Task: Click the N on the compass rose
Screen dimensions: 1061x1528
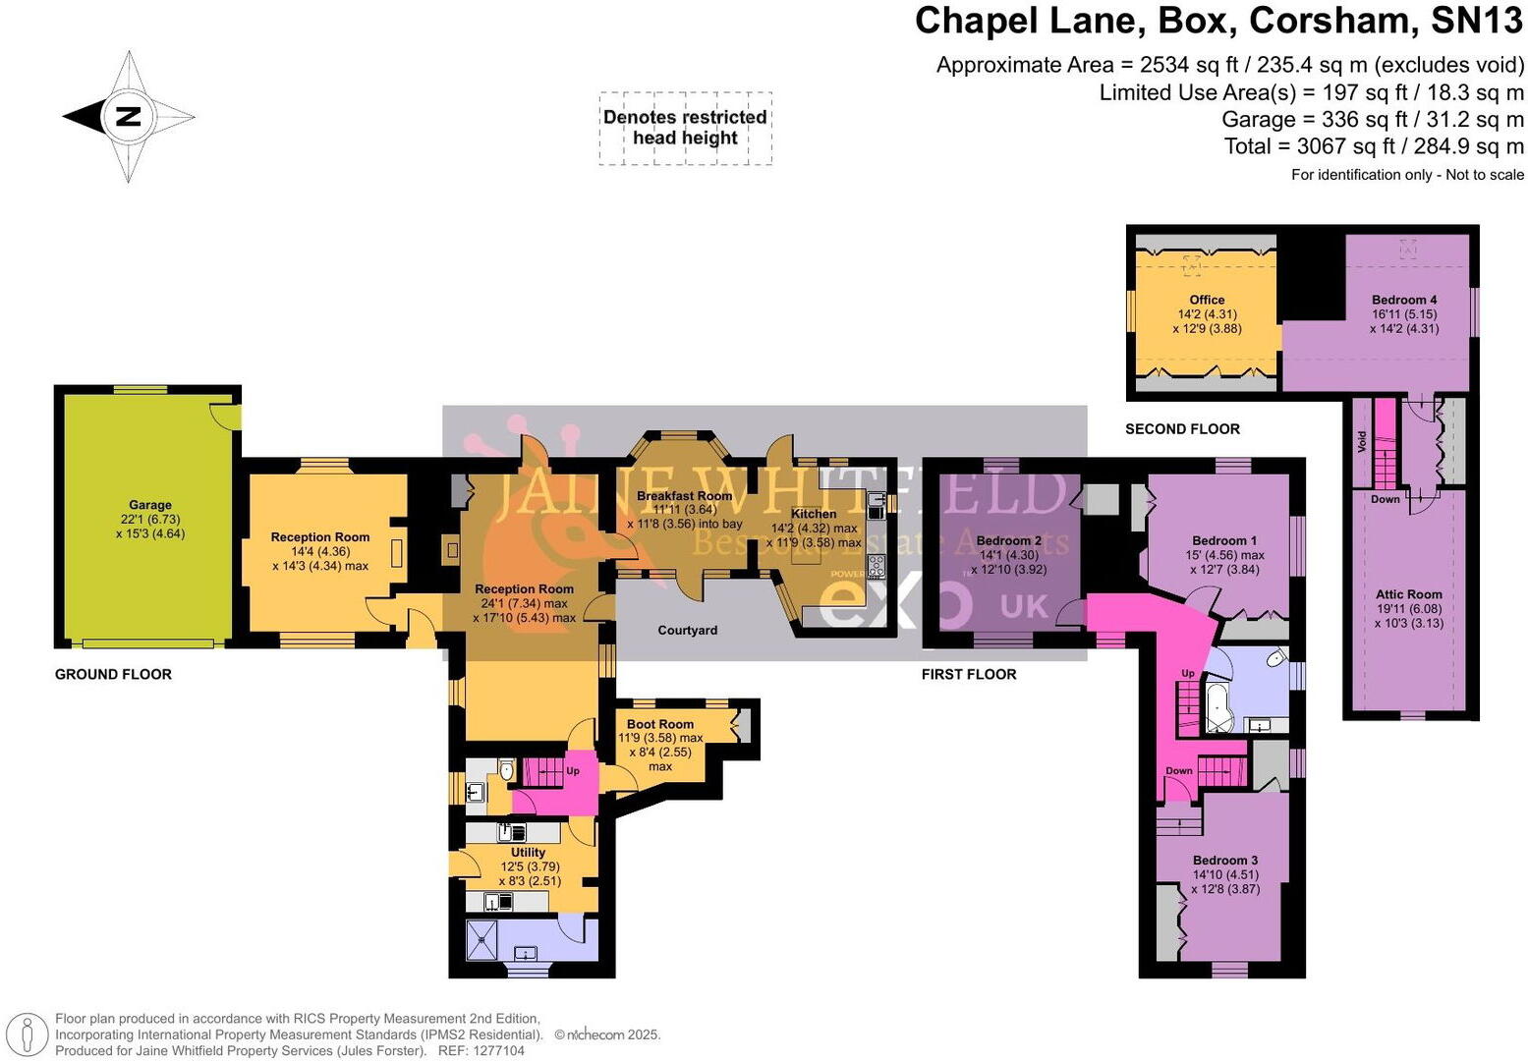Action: [129, 117]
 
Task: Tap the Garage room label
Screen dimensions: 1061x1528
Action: [150, 505]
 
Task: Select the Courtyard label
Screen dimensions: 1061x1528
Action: [687, 630]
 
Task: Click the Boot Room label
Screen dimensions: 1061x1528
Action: [659, 724]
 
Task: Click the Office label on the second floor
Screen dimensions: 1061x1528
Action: [1207, 300]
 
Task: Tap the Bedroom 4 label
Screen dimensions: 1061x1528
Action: [1404, 300]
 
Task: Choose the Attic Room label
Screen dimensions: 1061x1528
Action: [1408, 594]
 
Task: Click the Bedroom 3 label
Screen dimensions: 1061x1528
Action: [1224, 860]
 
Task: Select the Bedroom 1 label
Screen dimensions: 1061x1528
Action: [1223, 540]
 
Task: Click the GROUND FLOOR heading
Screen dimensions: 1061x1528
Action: [113, 674]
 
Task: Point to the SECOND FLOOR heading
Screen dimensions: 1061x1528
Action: [1182, 428]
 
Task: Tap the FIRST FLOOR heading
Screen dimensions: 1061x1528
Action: [968, 674]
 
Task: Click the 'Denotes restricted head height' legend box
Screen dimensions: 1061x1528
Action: [685, 128]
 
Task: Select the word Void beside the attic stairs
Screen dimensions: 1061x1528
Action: [1362, 441]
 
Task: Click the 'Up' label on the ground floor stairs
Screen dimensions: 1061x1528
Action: [573, 771]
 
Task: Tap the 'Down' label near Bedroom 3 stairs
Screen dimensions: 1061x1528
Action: [1179, 771]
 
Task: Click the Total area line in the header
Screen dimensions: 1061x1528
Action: [1373, 146]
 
